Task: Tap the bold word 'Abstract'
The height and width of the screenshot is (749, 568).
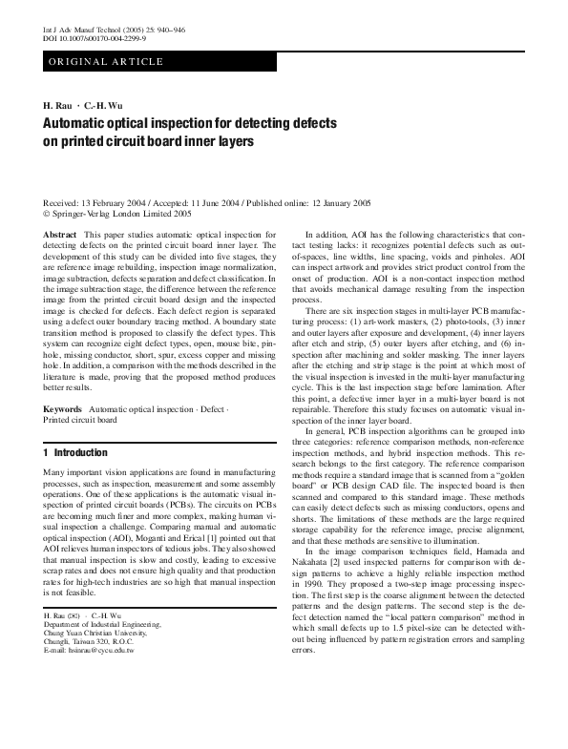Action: pyautogui.click(x=60, y=234)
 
